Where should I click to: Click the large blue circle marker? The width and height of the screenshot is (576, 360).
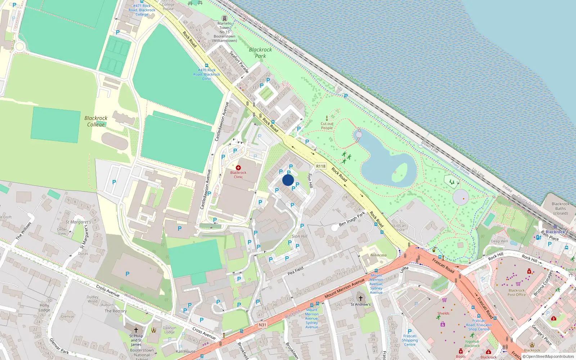point(288,180)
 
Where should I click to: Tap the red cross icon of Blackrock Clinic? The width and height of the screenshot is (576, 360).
point(238,168)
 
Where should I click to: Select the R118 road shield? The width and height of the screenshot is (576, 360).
point(320,166)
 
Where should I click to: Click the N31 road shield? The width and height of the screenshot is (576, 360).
point(262,325)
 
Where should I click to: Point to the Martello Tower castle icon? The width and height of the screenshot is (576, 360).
point(225,18)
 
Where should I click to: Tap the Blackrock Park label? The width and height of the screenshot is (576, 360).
point(260,53)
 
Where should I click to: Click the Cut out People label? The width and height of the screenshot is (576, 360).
point(327,126)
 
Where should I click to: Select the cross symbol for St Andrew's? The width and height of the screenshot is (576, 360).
point(360,298)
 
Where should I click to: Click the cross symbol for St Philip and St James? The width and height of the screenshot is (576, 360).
point(136,330)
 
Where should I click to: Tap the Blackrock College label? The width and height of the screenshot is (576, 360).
point(96,121)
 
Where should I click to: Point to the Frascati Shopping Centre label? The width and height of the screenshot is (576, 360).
point(410,340)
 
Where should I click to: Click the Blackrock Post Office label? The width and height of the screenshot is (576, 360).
point(517,292)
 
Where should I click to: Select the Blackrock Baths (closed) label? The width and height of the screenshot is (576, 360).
point(560,208)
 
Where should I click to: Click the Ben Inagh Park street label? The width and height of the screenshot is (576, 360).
point(352,219)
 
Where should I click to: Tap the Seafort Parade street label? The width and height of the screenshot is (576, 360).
point(239,62)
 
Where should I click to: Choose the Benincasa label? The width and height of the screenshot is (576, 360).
point(378,255)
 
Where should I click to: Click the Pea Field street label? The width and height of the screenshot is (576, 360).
point(296,271)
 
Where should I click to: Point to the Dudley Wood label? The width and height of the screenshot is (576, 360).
point(93,299)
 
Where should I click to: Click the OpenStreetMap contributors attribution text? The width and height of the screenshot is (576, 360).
point(550,356)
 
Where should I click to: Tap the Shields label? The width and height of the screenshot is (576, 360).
point(443,313)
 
